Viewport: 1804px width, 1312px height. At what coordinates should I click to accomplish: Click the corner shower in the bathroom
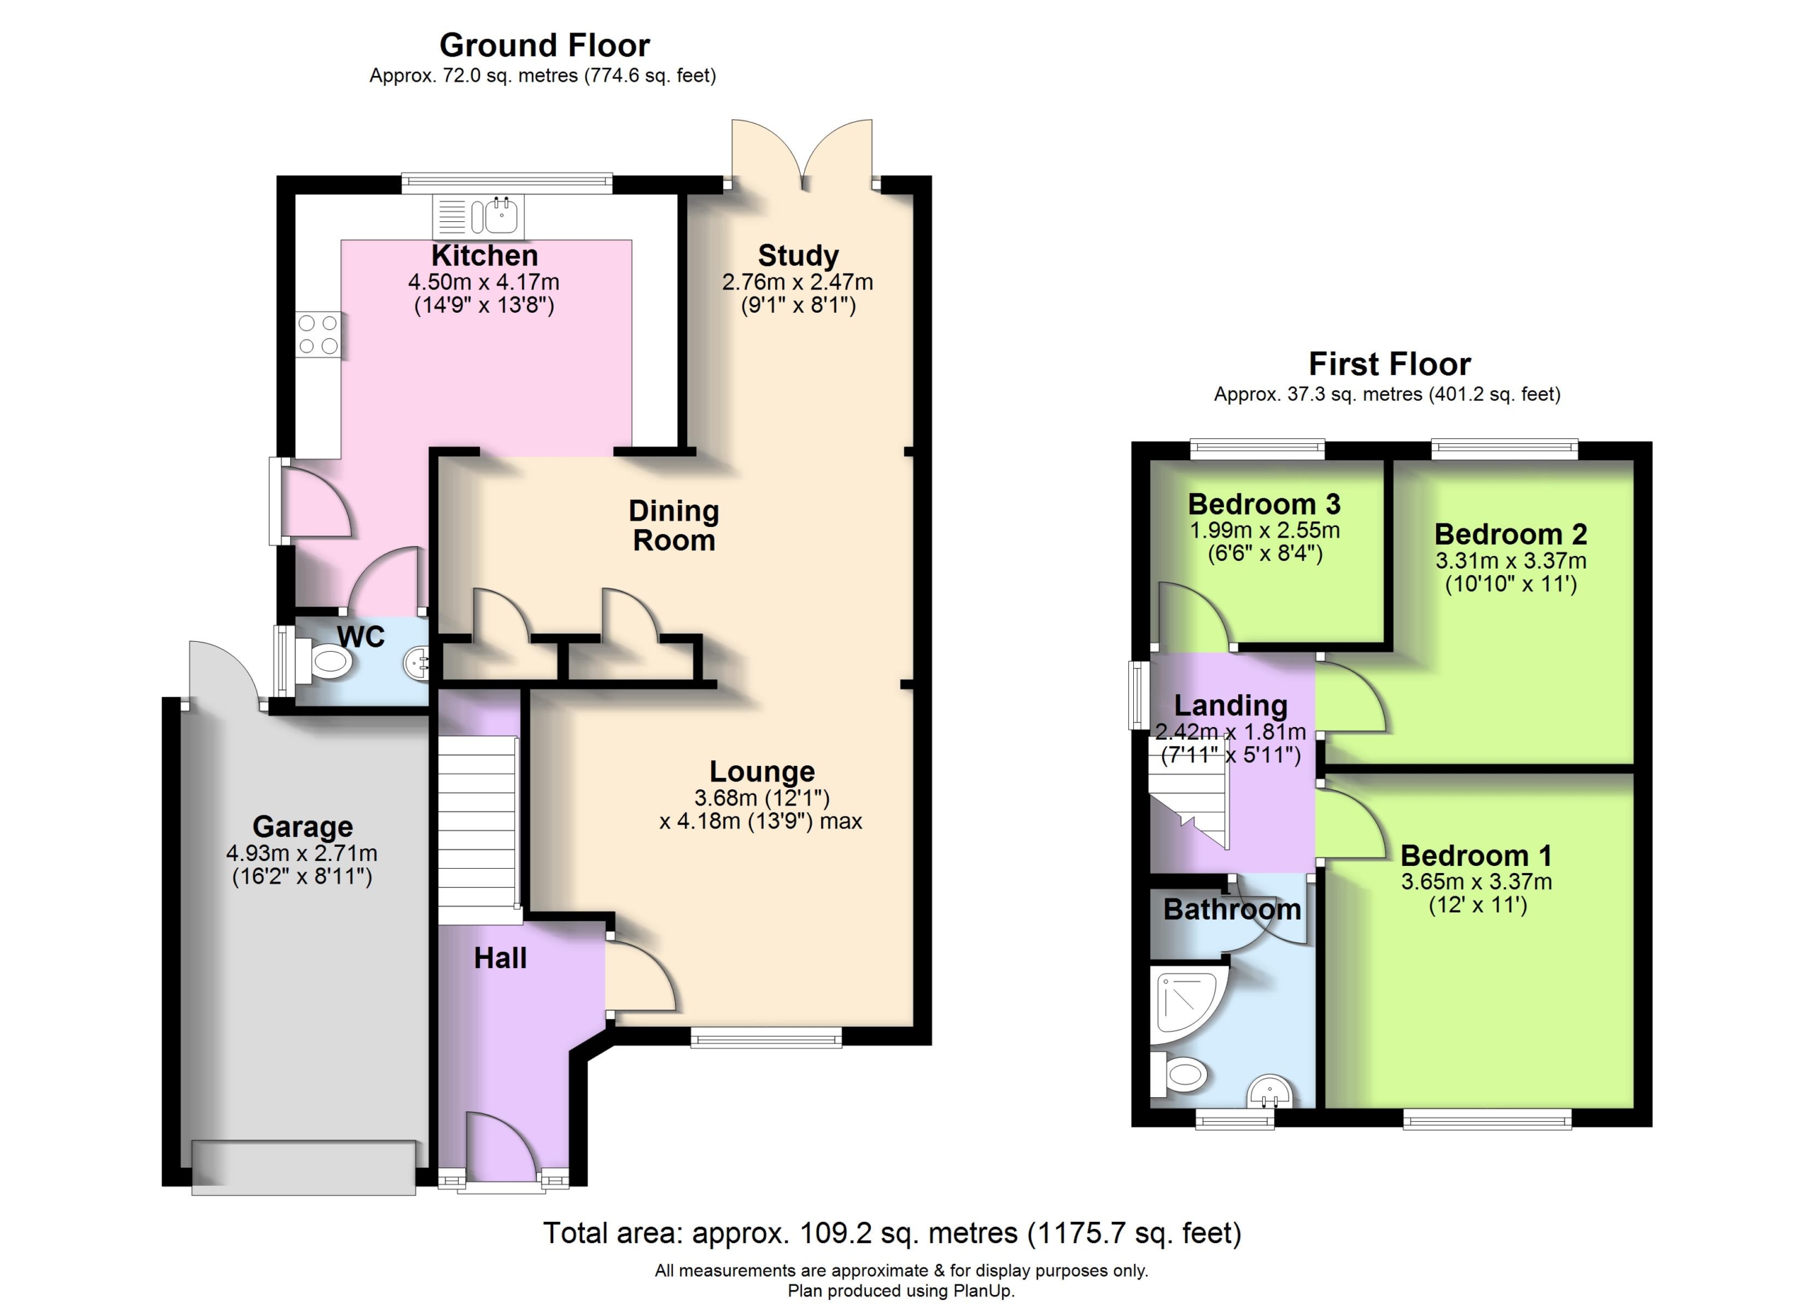click(1187, 1004)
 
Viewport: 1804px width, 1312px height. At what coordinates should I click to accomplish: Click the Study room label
click(798, 255)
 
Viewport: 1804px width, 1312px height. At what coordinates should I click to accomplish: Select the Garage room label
click(302, 827)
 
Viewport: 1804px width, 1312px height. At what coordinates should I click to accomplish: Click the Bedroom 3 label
click(1264, 503)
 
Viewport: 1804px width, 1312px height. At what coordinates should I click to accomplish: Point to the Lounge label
click(762, 772)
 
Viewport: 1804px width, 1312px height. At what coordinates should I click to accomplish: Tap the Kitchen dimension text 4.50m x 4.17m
click(483, 281)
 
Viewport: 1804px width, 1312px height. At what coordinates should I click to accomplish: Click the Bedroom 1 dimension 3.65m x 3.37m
click(1476, 881)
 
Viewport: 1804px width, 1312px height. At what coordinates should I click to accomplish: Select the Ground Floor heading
click(545, 45)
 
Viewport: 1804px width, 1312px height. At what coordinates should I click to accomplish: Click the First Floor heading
click(1390, 364)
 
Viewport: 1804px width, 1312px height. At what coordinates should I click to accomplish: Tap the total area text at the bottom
click(891, 1232)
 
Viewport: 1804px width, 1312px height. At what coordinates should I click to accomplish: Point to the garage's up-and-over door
click(303, 1168)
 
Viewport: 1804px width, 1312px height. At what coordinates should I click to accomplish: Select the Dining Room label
click(674, 526)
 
